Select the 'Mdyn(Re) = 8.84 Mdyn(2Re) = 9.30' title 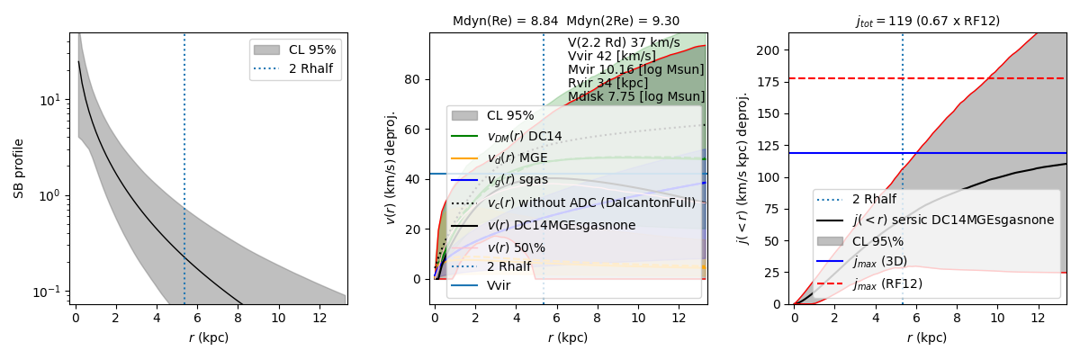click(566, 21)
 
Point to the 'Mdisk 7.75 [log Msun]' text click(636, 96)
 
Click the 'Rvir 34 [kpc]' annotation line click(607, 83)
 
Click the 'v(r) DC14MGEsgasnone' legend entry click(562, 224)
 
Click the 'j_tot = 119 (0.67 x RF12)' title click(928, 21)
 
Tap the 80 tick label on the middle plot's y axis click(414, 78)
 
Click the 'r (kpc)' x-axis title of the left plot click(208, 337)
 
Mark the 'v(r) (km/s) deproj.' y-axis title click(391, 168)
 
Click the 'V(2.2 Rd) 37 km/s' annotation click(624, 42)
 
